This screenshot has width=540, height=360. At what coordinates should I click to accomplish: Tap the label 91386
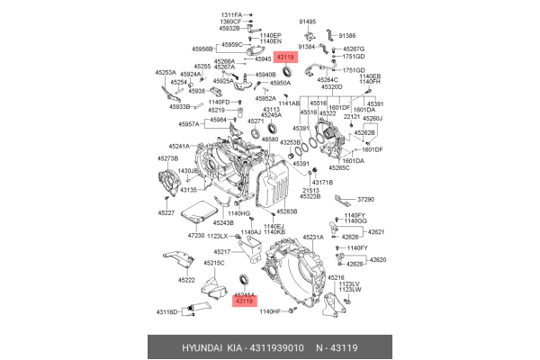click(x=348, y=35)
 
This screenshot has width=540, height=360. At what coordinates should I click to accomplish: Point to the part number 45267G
click(x=354, y=48)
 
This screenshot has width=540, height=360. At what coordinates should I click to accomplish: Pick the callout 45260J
click(x=372, y=118)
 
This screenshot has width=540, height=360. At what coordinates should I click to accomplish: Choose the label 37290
click(x=365, y=199)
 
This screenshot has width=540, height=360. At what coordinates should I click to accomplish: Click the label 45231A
click(x=312, y=237)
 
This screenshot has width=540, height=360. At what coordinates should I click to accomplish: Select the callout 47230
click(x=197, y=235)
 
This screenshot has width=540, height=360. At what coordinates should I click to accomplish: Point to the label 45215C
click(x=213, y=263)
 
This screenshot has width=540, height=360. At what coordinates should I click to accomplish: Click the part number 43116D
click(x=167, y=311)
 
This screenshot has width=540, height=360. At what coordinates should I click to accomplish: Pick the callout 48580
click(x=270, y=139)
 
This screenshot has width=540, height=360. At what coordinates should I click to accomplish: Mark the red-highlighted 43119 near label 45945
click(x=285, y=57)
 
